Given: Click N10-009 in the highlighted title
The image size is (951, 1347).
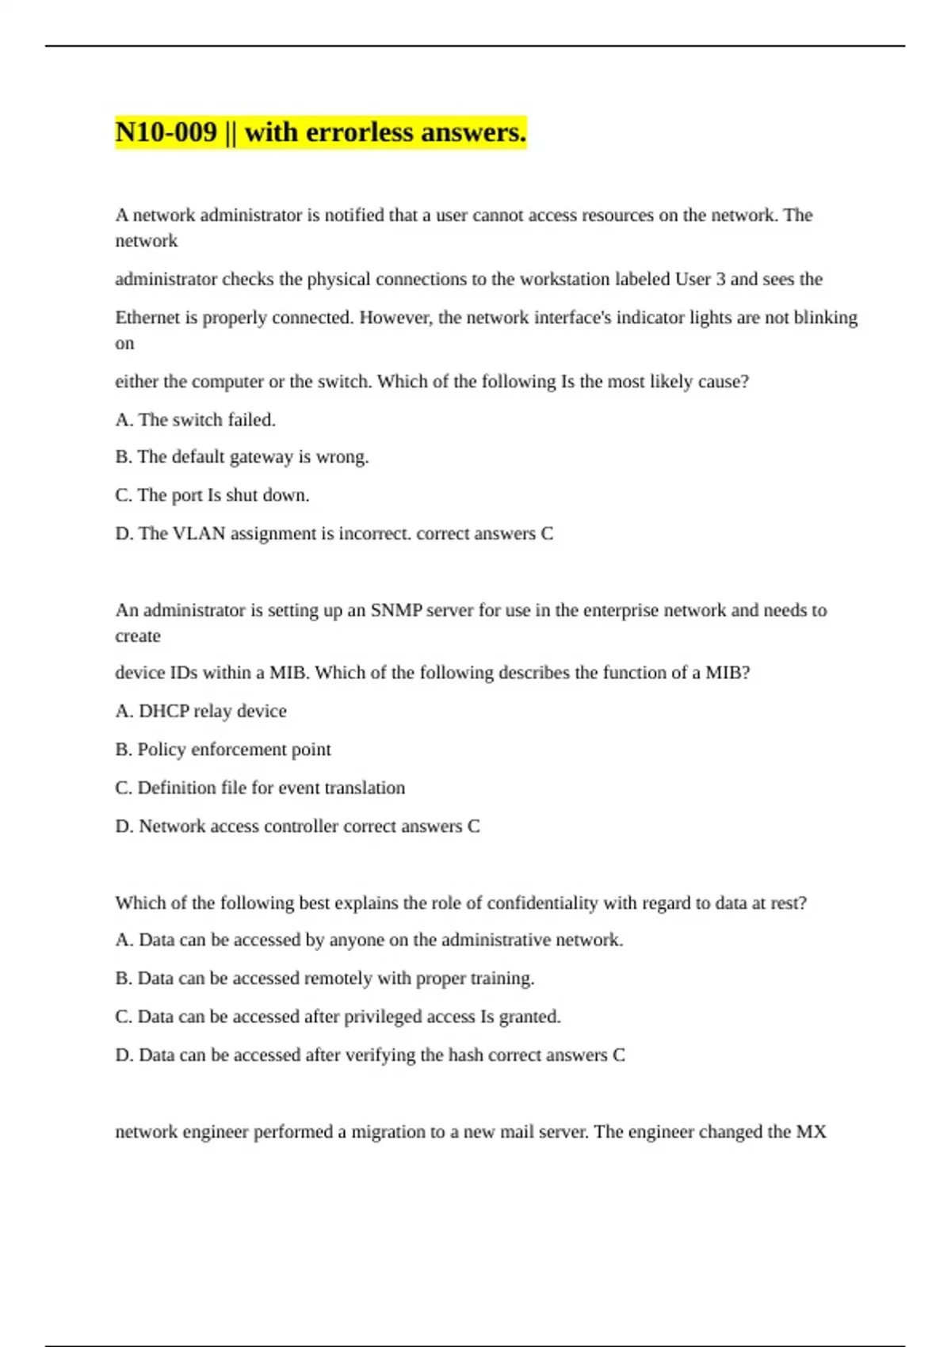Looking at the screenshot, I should click(166, 132).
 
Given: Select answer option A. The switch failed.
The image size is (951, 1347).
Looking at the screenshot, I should click(195, 419).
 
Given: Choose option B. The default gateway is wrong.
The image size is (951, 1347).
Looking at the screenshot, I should click(242, 456).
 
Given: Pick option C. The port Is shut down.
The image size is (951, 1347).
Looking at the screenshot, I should click(212, 494).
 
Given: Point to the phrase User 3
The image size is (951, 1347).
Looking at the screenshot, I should click(700, 279).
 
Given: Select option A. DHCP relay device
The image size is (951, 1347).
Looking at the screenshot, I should click(201, 711).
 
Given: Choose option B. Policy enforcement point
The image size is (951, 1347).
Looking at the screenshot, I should click(223, 749).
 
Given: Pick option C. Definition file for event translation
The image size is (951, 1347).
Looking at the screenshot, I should click(260, 788).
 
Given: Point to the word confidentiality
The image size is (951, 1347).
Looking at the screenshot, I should click(542, 902).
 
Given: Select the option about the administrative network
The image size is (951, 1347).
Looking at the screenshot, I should click(369, 940).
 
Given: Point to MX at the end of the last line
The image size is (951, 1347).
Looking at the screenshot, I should click(811, 1131).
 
